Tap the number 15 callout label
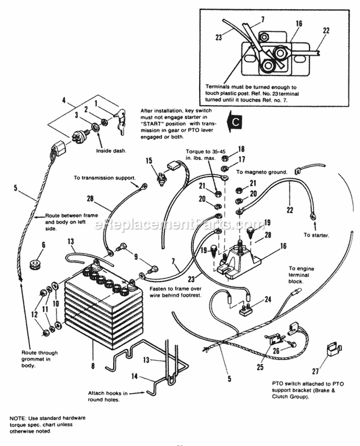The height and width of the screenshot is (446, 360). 149,161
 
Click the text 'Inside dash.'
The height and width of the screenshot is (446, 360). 111,151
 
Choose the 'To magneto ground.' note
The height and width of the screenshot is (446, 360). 262,171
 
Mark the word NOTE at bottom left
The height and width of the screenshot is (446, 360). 17,418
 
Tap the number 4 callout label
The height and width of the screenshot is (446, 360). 64,100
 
